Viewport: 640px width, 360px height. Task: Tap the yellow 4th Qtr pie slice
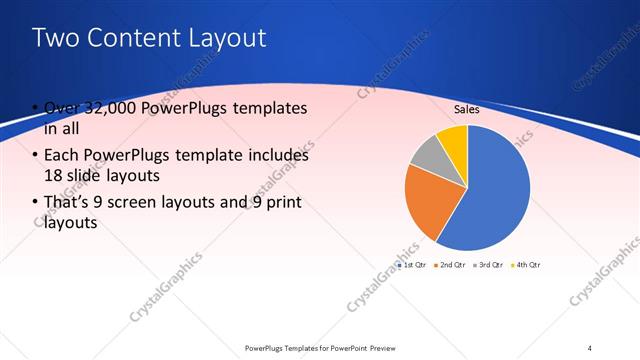[x=453, y=139]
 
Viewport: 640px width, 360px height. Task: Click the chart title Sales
[x=467, y=109]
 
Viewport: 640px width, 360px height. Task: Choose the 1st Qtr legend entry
[x=414, y=265]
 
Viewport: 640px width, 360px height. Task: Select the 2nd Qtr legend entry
[x=452, y=265]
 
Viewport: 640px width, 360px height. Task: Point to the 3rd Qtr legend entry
[x=489, y=265]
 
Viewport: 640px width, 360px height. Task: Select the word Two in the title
[x=52, y=38]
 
